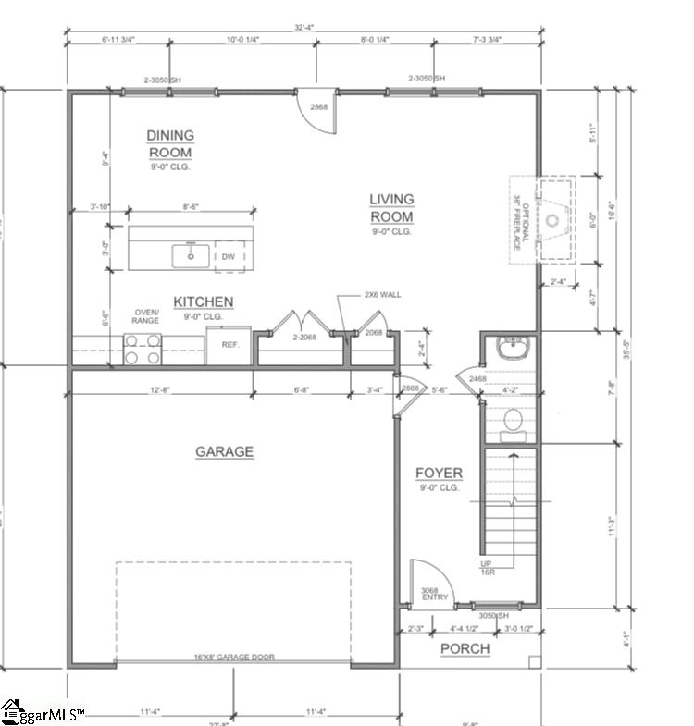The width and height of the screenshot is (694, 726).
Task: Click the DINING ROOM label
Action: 170,144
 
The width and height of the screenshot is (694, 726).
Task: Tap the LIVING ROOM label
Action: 391,208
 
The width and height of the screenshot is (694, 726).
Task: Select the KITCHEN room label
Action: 204,302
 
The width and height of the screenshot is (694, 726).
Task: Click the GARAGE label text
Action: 224,451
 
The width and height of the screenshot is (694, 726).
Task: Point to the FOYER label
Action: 439,474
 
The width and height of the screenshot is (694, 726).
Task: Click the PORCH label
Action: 465,648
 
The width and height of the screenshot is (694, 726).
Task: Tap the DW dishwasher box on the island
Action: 229,256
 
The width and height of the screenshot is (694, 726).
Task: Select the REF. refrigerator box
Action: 229,345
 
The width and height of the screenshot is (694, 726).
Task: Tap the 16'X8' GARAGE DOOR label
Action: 233,658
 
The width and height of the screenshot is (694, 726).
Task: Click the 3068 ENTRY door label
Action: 434,594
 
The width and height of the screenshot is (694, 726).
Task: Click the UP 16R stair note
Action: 486,568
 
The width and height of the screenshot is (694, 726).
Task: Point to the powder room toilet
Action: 512,424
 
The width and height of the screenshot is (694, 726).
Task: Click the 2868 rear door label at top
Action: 318,107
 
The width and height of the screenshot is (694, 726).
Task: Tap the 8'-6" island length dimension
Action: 192,207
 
